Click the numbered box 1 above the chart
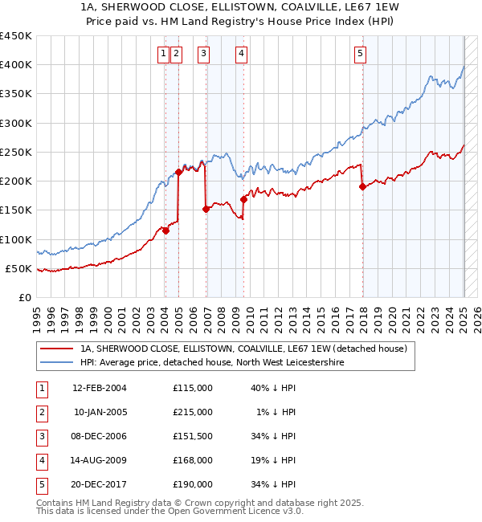[163, 54]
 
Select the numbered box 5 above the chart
[360, 54]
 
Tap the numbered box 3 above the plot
[204, 54]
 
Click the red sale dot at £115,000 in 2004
[165, 230]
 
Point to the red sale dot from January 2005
[178, 173]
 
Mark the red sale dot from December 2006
[206, 209]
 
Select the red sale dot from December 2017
[362, 186]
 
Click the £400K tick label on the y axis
[15, 65]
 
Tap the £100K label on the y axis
[15, 239]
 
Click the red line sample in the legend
[56, 349]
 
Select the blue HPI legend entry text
[211, 362]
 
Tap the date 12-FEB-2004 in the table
[100, 388]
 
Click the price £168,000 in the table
[193, 460]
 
